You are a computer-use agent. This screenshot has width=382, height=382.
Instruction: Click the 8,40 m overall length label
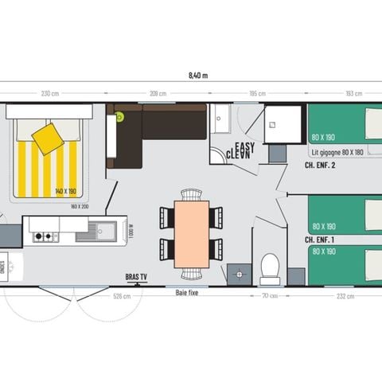[x=197, y=76]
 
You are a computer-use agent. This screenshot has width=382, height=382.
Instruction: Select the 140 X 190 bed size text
[x=65, y=192]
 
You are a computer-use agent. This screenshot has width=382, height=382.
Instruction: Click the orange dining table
[x=191, y=234]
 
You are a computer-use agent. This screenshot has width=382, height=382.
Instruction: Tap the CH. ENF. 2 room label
[x=320, y=166]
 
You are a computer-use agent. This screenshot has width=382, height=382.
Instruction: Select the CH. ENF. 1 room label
[x=319, y=240]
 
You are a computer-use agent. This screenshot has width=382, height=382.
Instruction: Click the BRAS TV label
[x=137, y=277]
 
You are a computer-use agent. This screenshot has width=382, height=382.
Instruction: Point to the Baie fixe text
[x=188, y=292]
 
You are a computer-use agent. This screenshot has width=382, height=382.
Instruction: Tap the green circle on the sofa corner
[x=119, y=116]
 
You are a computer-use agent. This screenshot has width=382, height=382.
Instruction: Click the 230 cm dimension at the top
[x=50, y=94]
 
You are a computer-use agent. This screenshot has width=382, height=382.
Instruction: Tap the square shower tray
[x=283, y=123]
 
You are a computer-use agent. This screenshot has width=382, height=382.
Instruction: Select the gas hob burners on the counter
[x=45, y=236]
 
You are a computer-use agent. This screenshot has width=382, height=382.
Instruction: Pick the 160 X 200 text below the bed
[x=80, y=205]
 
